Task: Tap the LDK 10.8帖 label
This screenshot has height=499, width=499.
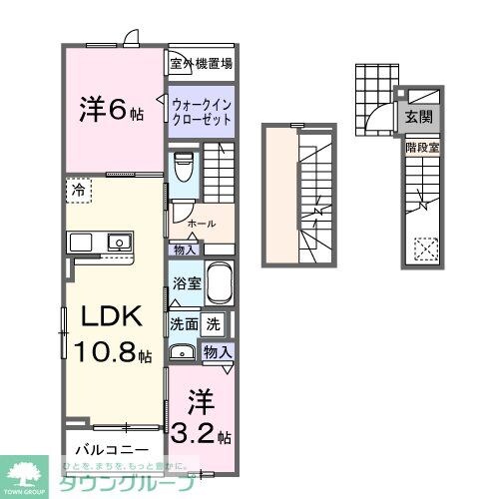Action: coord(112,334)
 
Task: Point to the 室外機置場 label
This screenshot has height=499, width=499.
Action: coord(201,65)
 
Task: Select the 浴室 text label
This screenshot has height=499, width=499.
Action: coord(187,283)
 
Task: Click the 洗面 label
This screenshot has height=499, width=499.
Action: coord(184,323)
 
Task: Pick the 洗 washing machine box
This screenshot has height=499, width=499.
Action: coord(213,323)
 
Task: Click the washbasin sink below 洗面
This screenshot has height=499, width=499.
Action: coord(183,350)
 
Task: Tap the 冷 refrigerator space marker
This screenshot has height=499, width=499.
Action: coord(77,187)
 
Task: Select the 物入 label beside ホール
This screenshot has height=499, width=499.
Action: coord(185,249)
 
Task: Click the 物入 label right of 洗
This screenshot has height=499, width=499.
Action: coord(219,350)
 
